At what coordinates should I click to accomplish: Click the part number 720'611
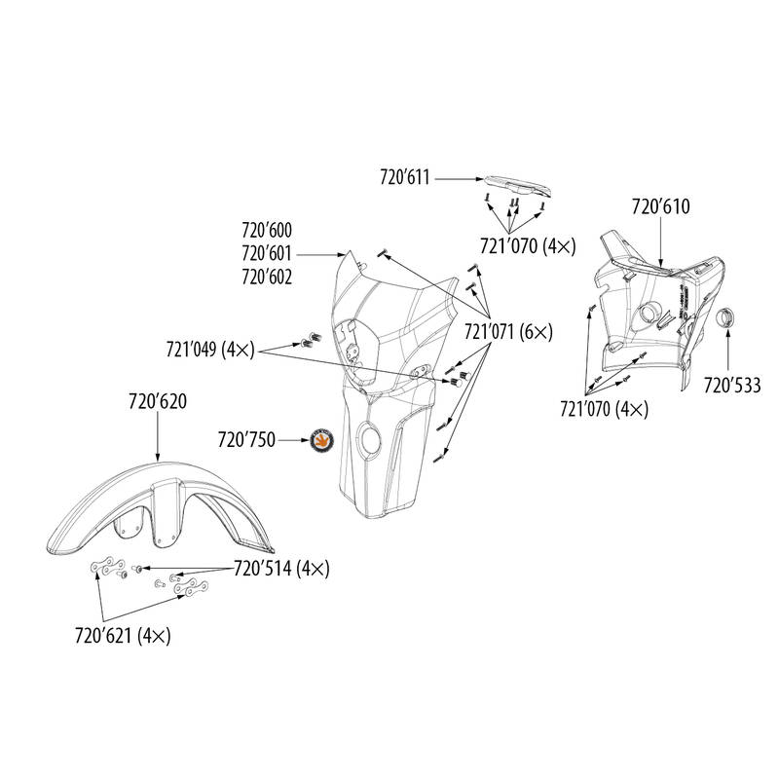coord(404,177)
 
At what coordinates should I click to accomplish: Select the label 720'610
coord(661,206)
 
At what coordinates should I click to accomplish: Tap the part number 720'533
coord(732,385)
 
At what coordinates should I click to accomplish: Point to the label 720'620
coord(158,401)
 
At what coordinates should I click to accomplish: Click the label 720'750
coord(246,440)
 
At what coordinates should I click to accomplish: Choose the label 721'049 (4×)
coord(210,350)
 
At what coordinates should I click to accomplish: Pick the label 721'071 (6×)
coord(508,331)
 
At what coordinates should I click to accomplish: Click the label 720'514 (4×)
coord(281,569)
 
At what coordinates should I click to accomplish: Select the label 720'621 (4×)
coord(123,636)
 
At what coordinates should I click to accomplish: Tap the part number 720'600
coord(267,230)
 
